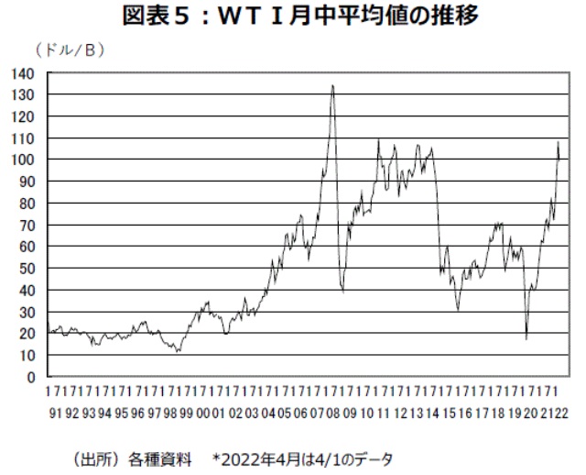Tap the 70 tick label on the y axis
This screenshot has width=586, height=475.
coord(27,225)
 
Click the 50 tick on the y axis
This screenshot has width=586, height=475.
coord(27,268)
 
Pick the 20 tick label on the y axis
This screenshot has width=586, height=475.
coord(27,333)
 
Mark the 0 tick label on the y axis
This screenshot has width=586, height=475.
coord(30,376)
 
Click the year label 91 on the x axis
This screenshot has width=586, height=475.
coord(53,414)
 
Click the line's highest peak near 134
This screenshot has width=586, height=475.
coord(332,86)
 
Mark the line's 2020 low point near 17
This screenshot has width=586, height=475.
coord(526,338)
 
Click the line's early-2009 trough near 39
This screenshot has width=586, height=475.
coord(342,292)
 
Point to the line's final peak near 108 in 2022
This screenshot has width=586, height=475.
coord(558,142)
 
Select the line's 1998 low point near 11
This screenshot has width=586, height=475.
coord(179,351)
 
